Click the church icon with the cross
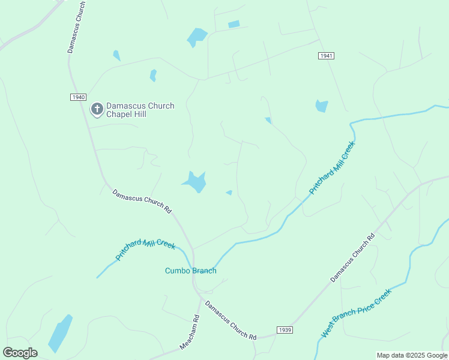click(97, 109)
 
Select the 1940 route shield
click(78, 97)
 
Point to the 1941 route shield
click(326, 56)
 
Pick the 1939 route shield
click(285, 330)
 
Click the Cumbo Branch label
click(190, 271)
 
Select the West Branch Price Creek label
click(356, 313)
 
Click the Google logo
click(20, 352)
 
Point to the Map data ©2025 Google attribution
click(412, 355)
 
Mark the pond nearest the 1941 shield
click(322, 106)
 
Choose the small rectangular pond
click(234, 24)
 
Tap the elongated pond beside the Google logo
click(60, 334)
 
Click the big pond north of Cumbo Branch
click(195, 181)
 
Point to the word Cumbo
click(178, 271)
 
